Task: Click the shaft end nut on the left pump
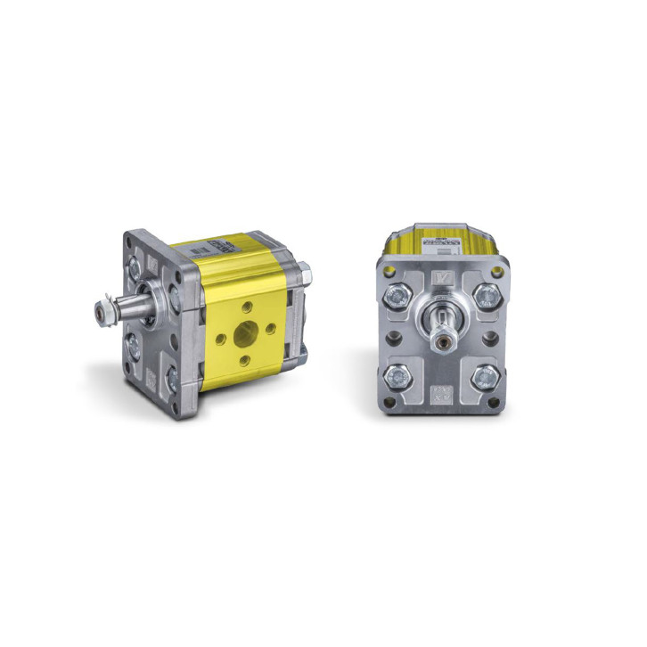(x=100, y=314)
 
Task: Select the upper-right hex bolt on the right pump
(x=487, y=295)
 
